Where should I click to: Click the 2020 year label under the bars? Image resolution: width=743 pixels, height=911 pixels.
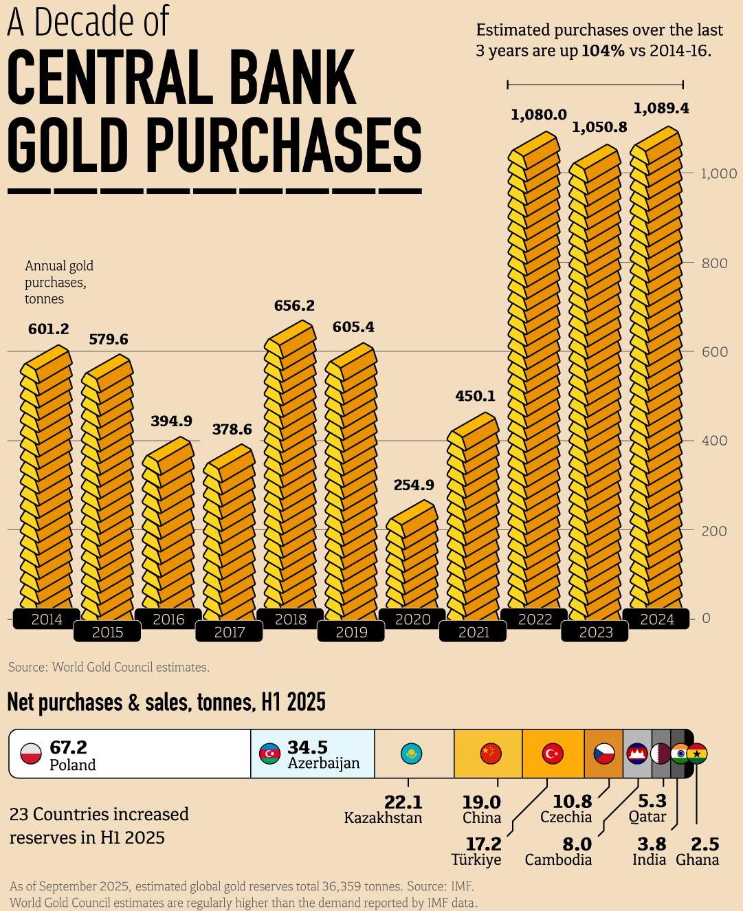[413, 619]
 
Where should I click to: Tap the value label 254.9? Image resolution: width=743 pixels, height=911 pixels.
[414, 485]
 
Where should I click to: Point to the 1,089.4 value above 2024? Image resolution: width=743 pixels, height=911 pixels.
[661, 108]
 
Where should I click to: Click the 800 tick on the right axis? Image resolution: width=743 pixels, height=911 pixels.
[714, 263]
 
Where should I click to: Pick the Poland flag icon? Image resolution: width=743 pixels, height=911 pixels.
[31, 754]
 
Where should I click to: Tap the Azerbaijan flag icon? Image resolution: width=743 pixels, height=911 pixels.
[269, 754]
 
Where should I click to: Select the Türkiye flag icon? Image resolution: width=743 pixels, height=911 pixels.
[553, 754]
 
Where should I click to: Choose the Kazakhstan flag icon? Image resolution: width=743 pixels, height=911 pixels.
[411, 754]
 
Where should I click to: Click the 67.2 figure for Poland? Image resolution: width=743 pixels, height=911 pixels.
[69, 747]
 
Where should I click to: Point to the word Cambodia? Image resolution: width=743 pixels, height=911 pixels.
[558, 860]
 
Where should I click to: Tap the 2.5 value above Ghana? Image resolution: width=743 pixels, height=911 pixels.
[705, 844]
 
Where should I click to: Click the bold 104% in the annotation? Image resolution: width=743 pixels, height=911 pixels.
[603, 51]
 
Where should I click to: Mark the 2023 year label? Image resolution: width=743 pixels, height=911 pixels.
[596, 633]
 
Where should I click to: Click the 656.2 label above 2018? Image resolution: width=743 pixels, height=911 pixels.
[294, 305]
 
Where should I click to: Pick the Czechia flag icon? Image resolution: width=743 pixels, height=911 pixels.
[603, 754]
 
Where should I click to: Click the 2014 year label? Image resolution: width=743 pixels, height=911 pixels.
[47, 619]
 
